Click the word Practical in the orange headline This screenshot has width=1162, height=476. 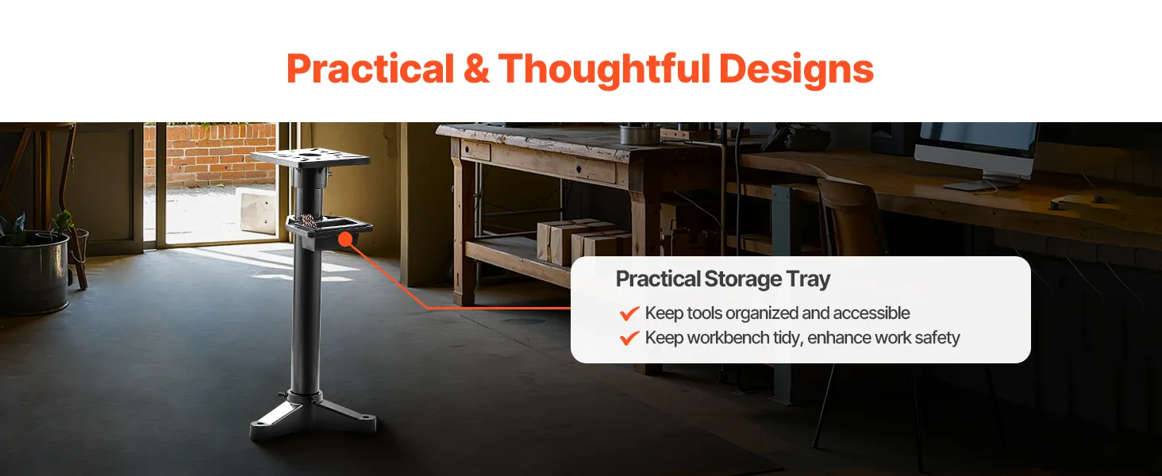coord(371,68)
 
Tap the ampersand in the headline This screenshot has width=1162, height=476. coord(476,68)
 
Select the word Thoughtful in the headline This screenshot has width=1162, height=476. coord(604,71)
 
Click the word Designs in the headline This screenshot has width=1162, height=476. coord(796,71)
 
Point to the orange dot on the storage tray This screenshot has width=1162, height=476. coord(345,239)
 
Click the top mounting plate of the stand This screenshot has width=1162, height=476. coord(310,158)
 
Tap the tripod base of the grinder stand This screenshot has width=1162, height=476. coord(313,415)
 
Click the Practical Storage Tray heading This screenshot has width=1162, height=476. coord(722,279)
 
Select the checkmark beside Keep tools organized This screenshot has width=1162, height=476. coord(629,313)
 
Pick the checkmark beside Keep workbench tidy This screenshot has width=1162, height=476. coord(629,338)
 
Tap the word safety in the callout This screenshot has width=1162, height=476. coord(937,338)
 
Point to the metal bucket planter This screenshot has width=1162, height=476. coord(33,271)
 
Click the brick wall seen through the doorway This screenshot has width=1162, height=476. coord(210,154)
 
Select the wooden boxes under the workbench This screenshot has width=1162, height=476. coord(582,241)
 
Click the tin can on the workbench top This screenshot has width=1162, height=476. coord(640,134)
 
